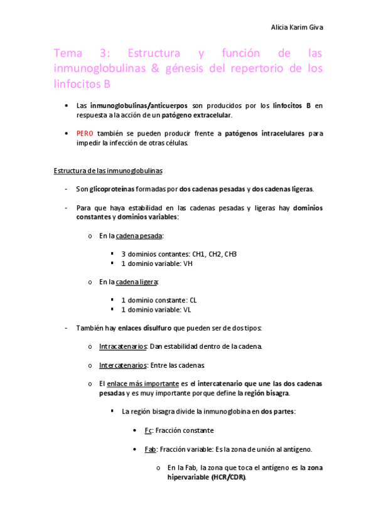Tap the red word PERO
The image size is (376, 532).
[x=85, y=134]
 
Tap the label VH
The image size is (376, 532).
[x=188, y=263]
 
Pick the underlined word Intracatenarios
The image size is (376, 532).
[x=123, y=346]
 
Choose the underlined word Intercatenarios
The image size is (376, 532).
[x=123, y=365]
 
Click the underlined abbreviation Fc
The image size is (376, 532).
[x=148, y=430]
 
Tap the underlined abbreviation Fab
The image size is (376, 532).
[x=151, y=449]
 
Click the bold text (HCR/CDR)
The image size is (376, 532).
[x=224, y=477]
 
